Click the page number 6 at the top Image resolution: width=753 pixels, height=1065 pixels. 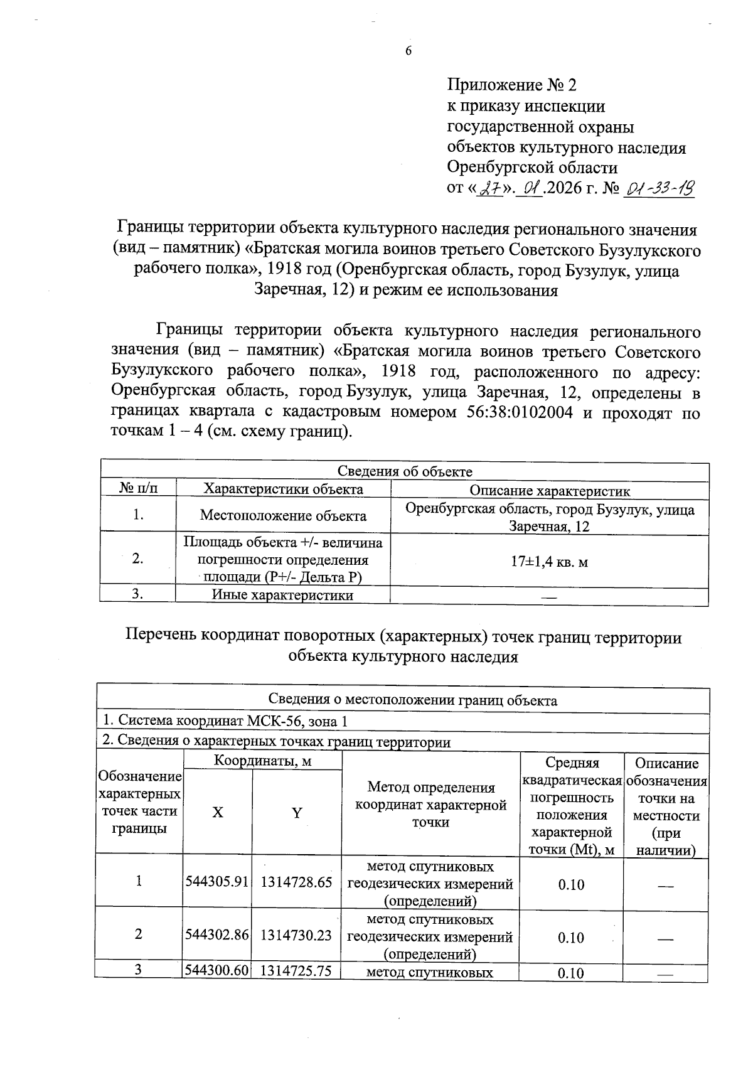point(409,51)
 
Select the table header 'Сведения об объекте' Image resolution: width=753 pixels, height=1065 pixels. point(405,472)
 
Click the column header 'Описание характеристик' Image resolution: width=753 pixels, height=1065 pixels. point(550,491)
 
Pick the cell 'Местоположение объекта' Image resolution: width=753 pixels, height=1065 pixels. point(283,516)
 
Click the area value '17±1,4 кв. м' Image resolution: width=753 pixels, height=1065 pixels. point(549,562)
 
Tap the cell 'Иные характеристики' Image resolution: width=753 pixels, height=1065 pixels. point(282,595)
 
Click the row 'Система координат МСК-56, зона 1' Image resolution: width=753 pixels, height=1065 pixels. point(225,721)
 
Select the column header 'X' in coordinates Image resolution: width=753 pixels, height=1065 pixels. point(217,813)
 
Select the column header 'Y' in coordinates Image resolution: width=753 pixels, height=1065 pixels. point(297,813)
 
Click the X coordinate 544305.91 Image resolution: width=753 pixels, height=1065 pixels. point(217,882)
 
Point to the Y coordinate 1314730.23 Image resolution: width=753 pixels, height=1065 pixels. point(296,934)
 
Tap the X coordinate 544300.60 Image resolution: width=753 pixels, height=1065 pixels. point(217,970)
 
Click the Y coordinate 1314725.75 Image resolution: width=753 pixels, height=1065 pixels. point(296,970)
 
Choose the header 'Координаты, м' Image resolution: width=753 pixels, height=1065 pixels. point(262,761)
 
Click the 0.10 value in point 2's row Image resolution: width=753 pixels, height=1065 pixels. point(571,938)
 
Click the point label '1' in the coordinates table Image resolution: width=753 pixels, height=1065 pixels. point(139,881)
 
